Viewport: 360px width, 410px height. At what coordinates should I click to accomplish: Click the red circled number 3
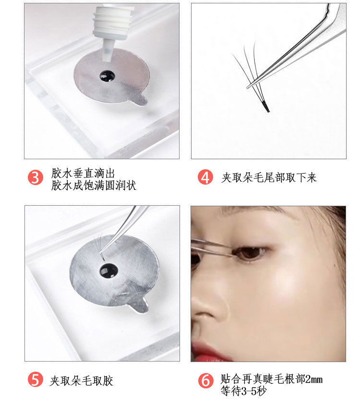coord(36,177)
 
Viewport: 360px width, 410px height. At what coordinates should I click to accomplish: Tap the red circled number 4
coord(205,177)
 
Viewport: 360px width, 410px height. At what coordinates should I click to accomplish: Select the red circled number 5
coord(36,380)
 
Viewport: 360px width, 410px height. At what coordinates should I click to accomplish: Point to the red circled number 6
coord(206,380)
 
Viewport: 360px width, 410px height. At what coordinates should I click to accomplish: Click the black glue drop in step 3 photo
coord(107,76)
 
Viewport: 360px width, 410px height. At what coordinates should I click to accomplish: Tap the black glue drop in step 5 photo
coord(108,271)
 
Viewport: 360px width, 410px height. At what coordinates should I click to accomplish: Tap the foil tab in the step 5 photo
coord(140,305)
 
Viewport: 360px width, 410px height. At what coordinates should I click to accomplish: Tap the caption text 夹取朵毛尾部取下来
coord(269,177)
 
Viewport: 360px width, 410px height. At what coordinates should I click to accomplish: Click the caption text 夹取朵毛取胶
coord(82,381)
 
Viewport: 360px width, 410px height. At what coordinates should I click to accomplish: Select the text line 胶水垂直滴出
coord(83,173)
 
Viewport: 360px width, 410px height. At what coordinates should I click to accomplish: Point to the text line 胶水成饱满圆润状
coord(94,186)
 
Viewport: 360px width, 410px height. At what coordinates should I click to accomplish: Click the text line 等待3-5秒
coord(243,391)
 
